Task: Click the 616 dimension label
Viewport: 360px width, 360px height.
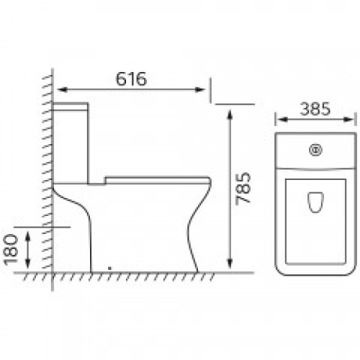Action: pos(131,78)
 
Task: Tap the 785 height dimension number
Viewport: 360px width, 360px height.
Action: pos(243,189)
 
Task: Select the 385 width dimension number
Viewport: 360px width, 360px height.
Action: pos(315,109)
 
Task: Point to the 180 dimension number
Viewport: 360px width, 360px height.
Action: pos(12,250)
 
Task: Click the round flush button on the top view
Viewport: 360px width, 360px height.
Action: pos(315,150)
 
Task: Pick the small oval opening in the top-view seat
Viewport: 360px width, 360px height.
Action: pos(315,202)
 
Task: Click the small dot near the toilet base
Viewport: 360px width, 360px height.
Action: pos(109,269)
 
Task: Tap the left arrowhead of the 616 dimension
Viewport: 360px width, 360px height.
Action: pos(62,90)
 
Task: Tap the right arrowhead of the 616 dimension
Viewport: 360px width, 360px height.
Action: pos(200,90)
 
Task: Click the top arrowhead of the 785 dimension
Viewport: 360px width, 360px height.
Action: pos(230,114)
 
